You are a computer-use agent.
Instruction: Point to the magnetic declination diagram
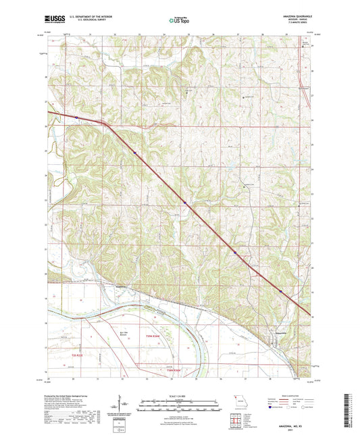122,405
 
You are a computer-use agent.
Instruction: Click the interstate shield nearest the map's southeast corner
281,290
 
